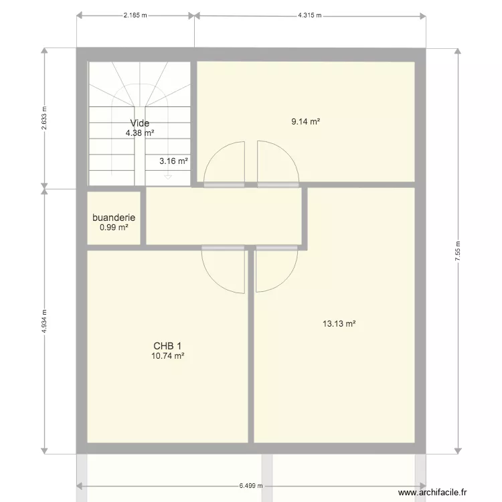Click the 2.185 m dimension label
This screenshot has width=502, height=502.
click(135, 14)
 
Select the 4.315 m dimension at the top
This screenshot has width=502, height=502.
click(310, 14)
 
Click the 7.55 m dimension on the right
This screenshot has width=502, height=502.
click(458, 252)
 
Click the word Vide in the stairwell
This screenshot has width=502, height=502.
click(140, 123)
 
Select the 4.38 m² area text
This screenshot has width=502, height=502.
click(140, 133)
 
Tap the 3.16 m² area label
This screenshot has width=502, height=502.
click(173, 161)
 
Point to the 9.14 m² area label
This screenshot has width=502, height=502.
click(305, 122)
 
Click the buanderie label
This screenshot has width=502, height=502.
click(114, 218)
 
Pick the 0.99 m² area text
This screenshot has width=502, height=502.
click(114, 228)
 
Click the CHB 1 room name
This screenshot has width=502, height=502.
click(168, 345)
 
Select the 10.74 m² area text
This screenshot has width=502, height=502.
click(168, 356)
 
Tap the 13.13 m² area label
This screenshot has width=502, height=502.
click(339, 324)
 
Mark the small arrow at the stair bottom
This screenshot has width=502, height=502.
click(167, 177)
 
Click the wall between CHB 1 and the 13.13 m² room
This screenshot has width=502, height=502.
click(250, 348)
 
